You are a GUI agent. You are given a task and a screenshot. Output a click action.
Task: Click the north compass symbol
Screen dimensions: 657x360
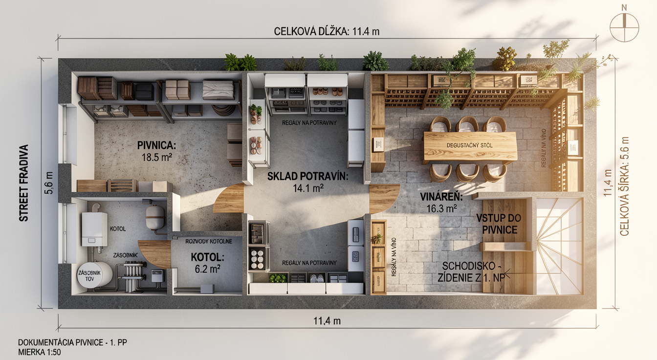624,27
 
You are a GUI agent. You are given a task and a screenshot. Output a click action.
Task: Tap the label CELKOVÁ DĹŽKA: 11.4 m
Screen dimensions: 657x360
327,31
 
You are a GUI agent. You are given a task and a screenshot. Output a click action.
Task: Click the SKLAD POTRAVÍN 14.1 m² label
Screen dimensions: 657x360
307,182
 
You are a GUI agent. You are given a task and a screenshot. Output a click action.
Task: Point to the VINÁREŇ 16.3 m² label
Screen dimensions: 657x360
441,202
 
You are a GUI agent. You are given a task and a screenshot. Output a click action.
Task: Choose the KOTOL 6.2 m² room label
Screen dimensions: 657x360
207,263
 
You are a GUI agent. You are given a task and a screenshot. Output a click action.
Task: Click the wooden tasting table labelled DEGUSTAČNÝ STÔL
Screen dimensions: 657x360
470,146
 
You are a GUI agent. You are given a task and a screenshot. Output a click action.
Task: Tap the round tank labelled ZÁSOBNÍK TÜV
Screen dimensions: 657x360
94,274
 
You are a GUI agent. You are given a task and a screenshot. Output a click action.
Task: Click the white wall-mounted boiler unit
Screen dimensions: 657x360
94,229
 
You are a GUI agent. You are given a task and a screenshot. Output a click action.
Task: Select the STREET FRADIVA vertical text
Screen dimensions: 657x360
24,183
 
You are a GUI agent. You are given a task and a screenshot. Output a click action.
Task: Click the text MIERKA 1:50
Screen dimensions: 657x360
40,352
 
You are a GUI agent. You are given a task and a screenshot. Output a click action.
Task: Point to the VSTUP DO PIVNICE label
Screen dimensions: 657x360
499,224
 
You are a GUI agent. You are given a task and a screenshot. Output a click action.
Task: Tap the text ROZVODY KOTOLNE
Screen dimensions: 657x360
209,242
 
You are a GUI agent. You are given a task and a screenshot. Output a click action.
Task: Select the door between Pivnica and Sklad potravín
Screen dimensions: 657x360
229,198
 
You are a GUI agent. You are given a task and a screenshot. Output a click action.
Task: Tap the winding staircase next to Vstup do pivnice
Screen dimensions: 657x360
559,246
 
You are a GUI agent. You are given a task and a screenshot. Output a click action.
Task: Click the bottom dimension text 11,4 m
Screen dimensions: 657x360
327,321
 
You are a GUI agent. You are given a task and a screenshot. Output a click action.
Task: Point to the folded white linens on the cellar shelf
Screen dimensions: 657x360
219,90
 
